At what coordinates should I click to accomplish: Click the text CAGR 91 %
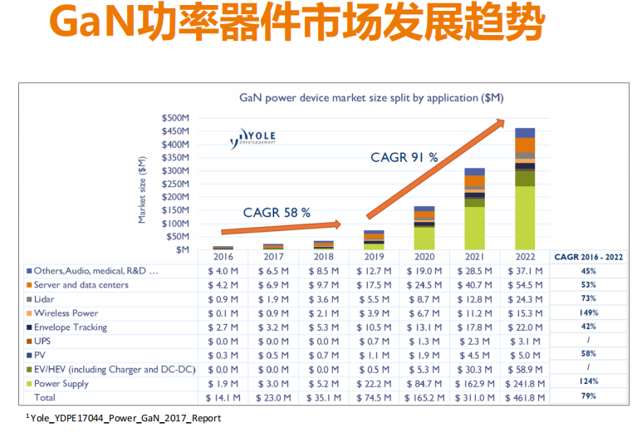[x=404, y=156]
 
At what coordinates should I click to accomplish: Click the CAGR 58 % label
[x=277, y=213]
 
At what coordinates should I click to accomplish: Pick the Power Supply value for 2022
[x=524, y=383]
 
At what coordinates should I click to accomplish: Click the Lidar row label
[x=47, y=299]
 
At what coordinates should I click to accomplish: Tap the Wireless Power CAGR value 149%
[x=588, y=313]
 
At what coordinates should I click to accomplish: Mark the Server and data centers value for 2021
[x=475, y=285]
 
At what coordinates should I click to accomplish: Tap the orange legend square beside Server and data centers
[x=29, y=285]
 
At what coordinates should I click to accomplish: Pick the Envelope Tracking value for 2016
[x=222, y=327]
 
